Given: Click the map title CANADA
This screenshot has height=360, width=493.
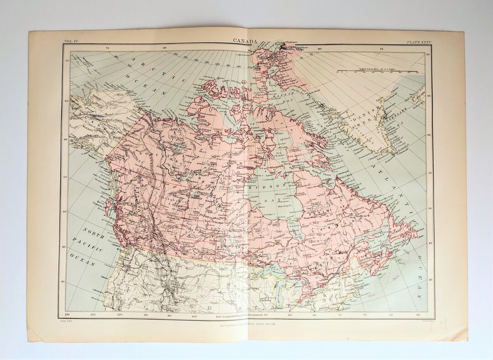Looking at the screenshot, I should pos(246,40).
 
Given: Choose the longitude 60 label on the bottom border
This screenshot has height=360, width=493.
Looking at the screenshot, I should pos(419,315).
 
